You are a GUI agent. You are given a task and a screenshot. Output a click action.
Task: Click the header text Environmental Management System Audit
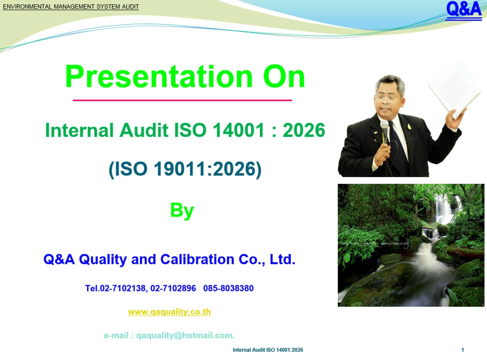tap(71, 7)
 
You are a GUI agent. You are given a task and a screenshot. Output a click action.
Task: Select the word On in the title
tap(284, 77)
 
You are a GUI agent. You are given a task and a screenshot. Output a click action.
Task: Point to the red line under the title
tap(182, 100)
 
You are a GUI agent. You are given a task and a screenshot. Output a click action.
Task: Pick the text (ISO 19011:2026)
tap(185, 169)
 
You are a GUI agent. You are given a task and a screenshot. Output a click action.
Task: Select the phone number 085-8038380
tap(228, 288)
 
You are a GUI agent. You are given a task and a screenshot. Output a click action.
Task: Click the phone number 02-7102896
tap(173, 288)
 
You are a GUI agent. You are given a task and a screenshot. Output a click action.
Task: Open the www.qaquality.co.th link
tap(169, 312)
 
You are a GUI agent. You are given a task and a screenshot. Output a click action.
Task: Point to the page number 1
tap(463, 350)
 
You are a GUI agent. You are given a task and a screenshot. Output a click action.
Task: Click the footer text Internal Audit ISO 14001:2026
tap(268, 350)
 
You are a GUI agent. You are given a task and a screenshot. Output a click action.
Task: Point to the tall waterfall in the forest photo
tap(444, 209)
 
